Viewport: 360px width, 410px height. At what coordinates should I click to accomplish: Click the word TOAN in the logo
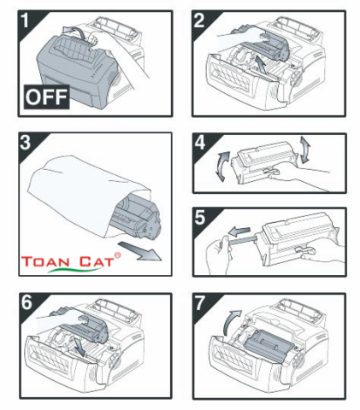click(x=53, y=262)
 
